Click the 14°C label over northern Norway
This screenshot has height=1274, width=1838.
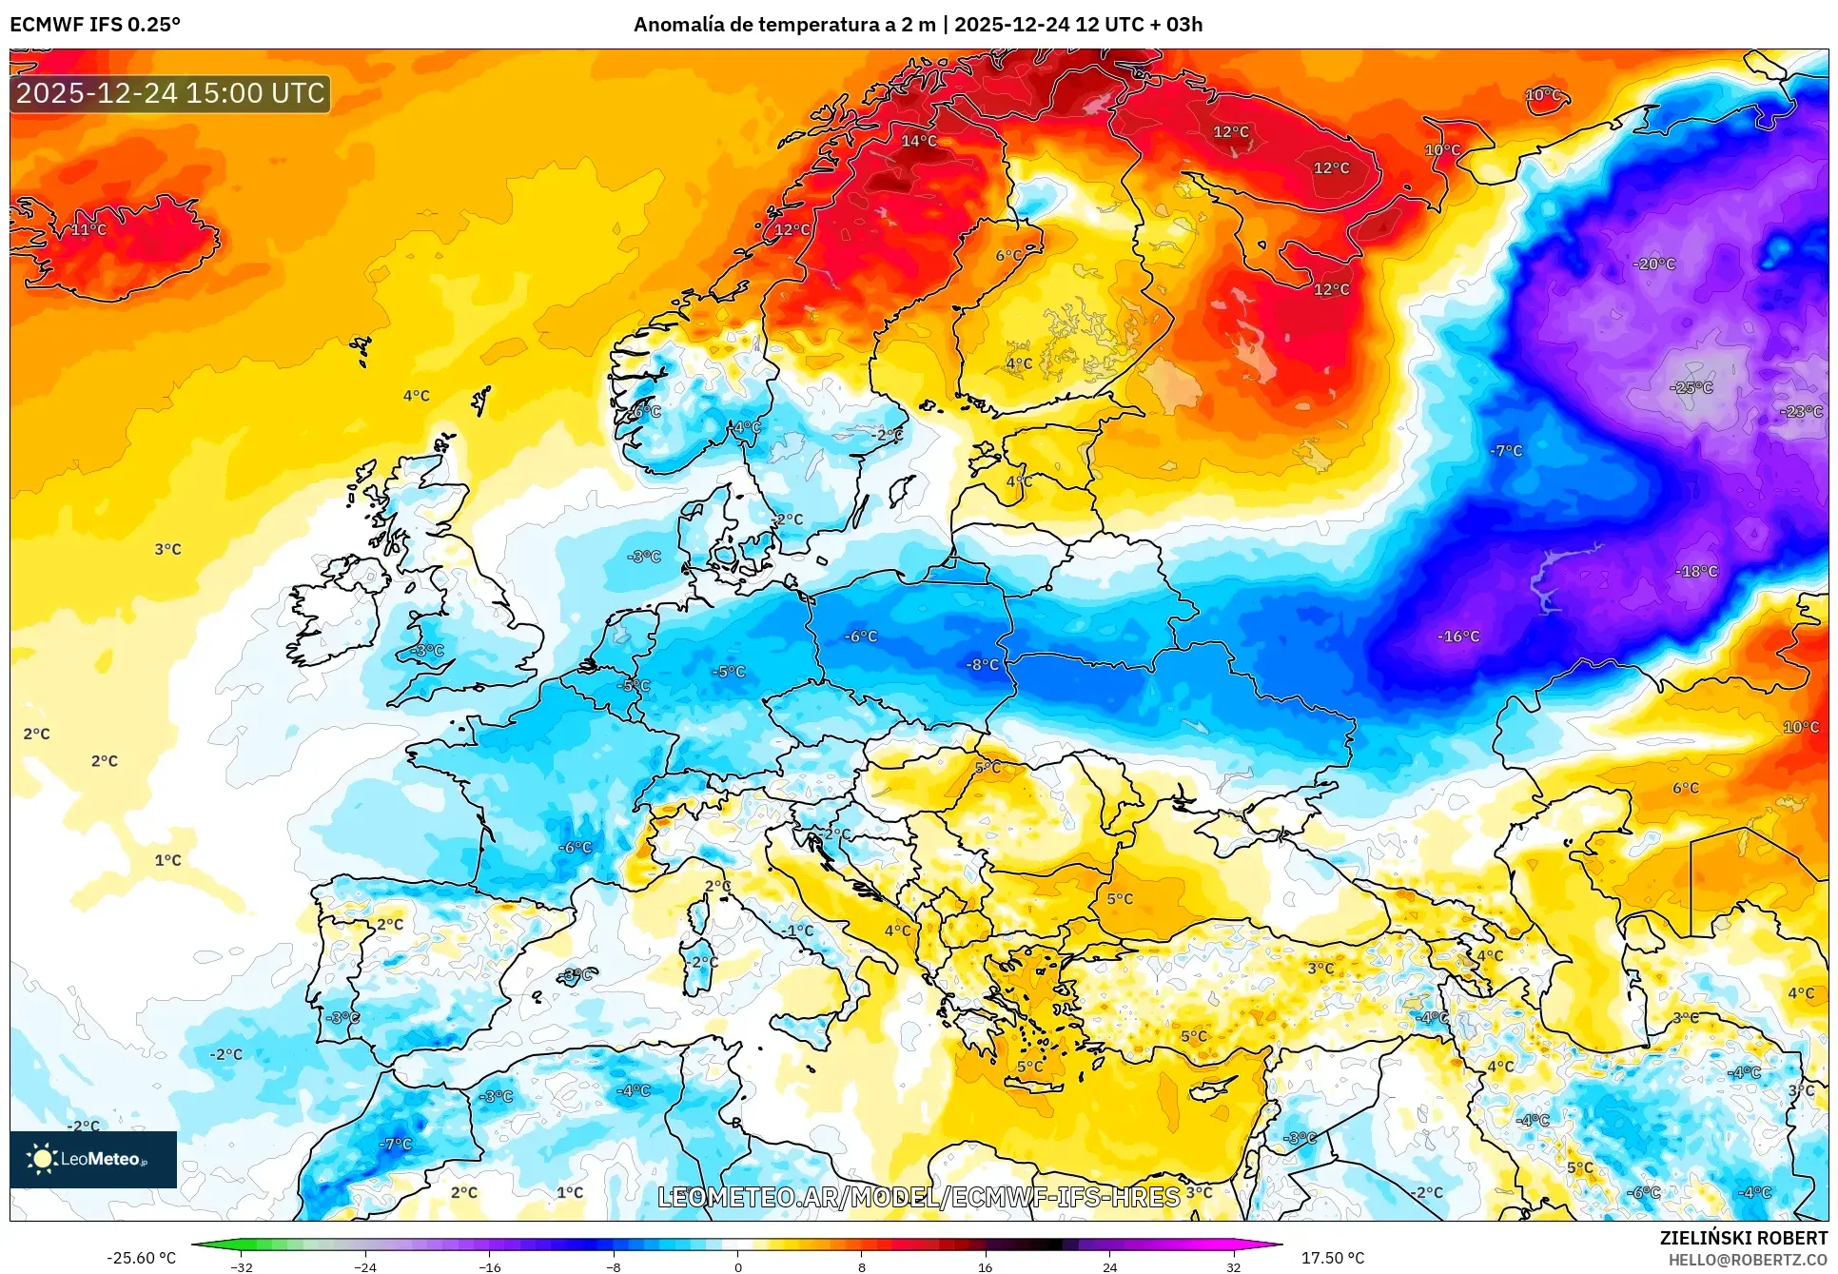point(919,141)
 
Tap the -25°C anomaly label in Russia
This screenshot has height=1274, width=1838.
point(1691,387)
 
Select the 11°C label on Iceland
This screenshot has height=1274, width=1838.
point(88,229)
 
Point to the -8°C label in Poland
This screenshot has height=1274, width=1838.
point(983,664)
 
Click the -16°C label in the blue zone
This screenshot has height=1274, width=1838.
point(1458,636)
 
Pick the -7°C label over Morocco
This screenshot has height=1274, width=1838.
point(395,1144)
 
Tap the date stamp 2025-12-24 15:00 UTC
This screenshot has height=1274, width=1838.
point(170,93)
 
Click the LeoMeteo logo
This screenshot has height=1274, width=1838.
point(92,1159)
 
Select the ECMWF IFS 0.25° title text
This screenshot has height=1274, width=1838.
point(95,25)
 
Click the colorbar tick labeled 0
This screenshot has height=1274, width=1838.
point(737,1266)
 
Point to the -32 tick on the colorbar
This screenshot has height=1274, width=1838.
point(242,1266)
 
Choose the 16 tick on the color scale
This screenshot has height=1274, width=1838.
point(985,1266)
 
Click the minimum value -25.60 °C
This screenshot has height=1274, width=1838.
point(141,1258)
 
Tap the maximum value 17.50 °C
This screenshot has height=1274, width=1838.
point(1332,1258)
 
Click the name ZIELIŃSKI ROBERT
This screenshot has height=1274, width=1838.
point(1743,1238)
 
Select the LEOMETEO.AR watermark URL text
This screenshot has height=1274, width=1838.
point(919,1197)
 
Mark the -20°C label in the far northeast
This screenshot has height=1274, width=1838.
point(1654,264)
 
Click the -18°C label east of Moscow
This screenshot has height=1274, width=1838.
point(1696,571)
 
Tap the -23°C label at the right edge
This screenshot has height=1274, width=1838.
point(1801,411)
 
